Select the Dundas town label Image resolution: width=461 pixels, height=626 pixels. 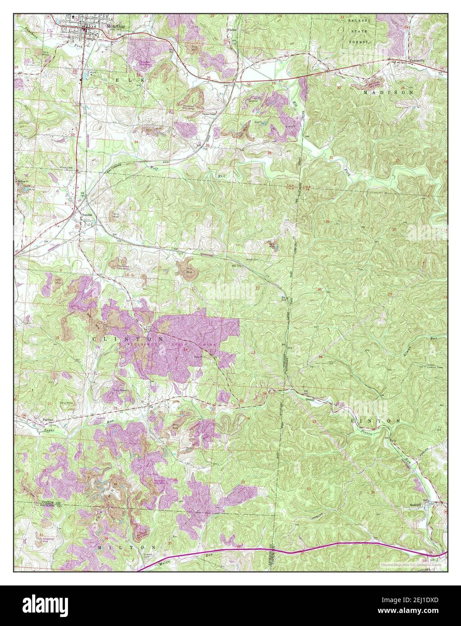(86, 215)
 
